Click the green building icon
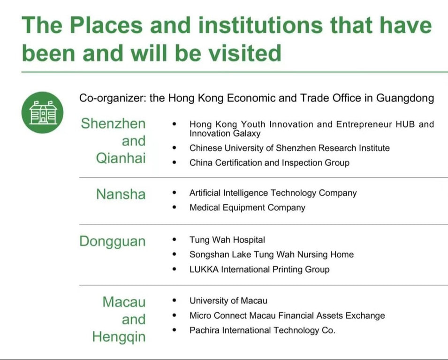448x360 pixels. pos(42,112)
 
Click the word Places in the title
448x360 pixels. pos(106,25)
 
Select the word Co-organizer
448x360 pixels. pos(113,98)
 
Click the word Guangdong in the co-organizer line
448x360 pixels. pos(405,98)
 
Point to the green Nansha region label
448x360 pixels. pos(121,194)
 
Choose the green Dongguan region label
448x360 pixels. pos(113,242)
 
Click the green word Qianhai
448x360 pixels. pos(121,158)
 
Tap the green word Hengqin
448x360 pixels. pos(119,337)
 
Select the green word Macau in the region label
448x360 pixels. pos(124,302)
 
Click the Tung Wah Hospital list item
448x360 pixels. pos(227,240)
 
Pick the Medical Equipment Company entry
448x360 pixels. pos(247,207)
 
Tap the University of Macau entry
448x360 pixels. pos(228,301)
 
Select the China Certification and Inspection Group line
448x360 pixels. pos(269,163)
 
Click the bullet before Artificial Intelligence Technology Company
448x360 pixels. pos(175,193)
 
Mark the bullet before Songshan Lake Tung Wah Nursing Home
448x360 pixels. pos(175,254)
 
